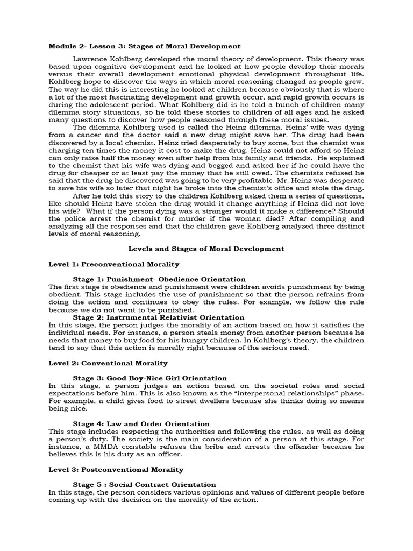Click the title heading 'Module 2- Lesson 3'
pos(145,47)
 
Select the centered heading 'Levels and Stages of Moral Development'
pos(206,249)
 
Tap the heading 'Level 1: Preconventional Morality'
pos(113,264)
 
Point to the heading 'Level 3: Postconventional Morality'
pos(116,470)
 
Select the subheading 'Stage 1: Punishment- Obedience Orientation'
pos(159,279)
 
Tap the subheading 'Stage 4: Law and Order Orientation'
pos(141,424)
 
